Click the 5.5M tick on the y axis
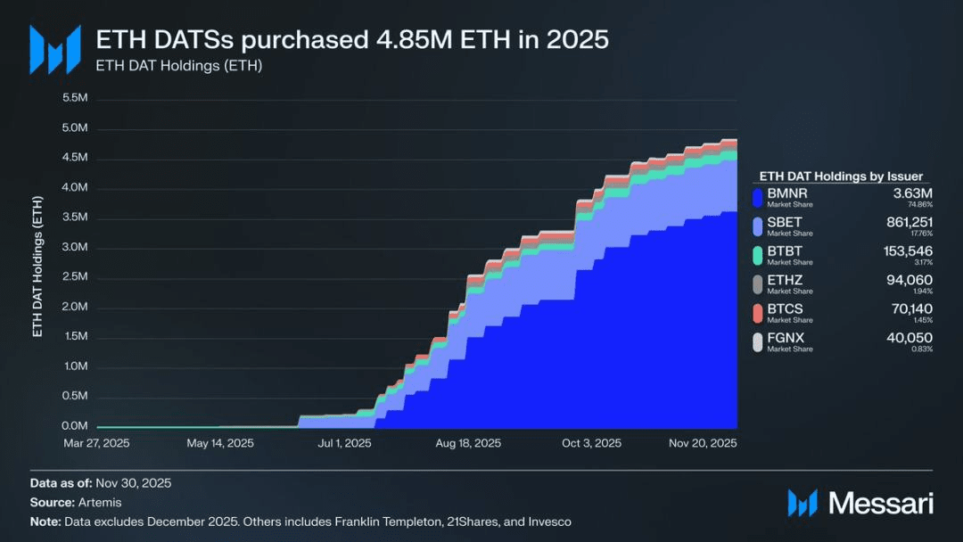point(75,98)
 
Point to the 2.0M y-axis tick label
point(75,307)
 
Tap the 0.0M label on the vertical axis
point(75,426)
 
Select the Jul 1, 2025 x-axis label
point(344,443)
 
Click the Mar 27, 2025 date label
point(96,443)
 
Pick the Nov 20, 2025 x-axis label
point(703,443)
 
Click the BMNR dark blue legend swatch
point(758,198)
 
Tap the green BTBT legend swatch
point(758,256)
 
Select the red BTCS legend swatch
point(758,313)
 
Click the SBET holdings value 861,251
point(904,222)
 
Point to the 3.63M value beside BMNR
point(913,193)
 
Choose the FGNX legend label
point(786,338)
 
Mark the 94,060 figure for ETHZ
point(910,280)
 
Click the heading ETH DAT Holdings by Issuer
point(841,177)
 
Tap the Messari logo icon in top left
point(54,49)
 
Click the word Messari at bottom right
point(881,504)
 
